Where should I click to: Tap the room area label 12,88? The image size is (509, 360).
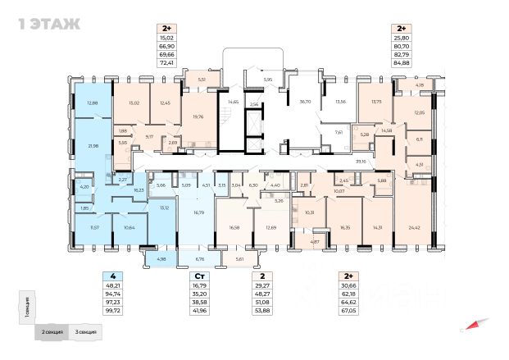pyautogui.click(x=92, y=103)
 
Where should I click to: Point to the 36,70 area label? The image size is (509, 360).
pyautogui.click(x=307, y=102)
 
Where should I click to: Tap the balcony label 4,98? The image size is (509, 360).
pyautogui.click(x=160, y=260)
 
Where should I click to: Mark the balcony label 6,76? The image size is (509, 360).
pyautogui.click(x=199, y=260)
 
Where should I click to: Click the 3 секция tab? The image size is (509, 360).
pyautogui.click(x=85, y=333)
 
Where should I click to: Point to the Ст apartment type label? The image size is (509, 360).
pyautogui.click(x=199, y=276)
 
